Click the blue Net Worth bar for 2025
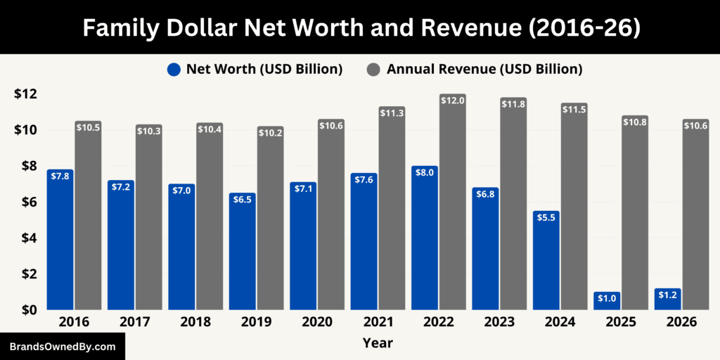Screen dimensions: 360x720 [606, 301]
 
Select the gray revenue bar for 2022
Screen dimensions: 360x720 [453, 204]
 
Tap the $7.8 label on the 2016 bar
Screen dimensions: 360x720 [60, 176]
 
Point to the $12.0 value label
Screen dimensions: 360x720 [453, 101]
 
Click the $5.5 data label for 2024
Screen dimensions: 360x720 [546, 218]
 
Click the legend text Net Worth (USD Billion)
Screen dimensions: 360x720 [264, 69]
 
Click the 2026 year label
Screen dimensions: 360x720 [681, 322]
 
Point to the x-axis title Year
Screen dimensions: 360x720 [378, 343]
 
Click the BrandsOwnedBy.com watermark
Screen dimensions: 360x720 [62, 347]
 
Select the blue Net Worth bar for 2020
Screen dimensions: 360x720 [303, 246]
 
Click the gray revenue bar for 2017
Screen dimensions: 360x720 [149, 218]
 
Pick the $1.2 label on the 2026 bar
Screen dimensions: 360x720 [667, 295]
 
